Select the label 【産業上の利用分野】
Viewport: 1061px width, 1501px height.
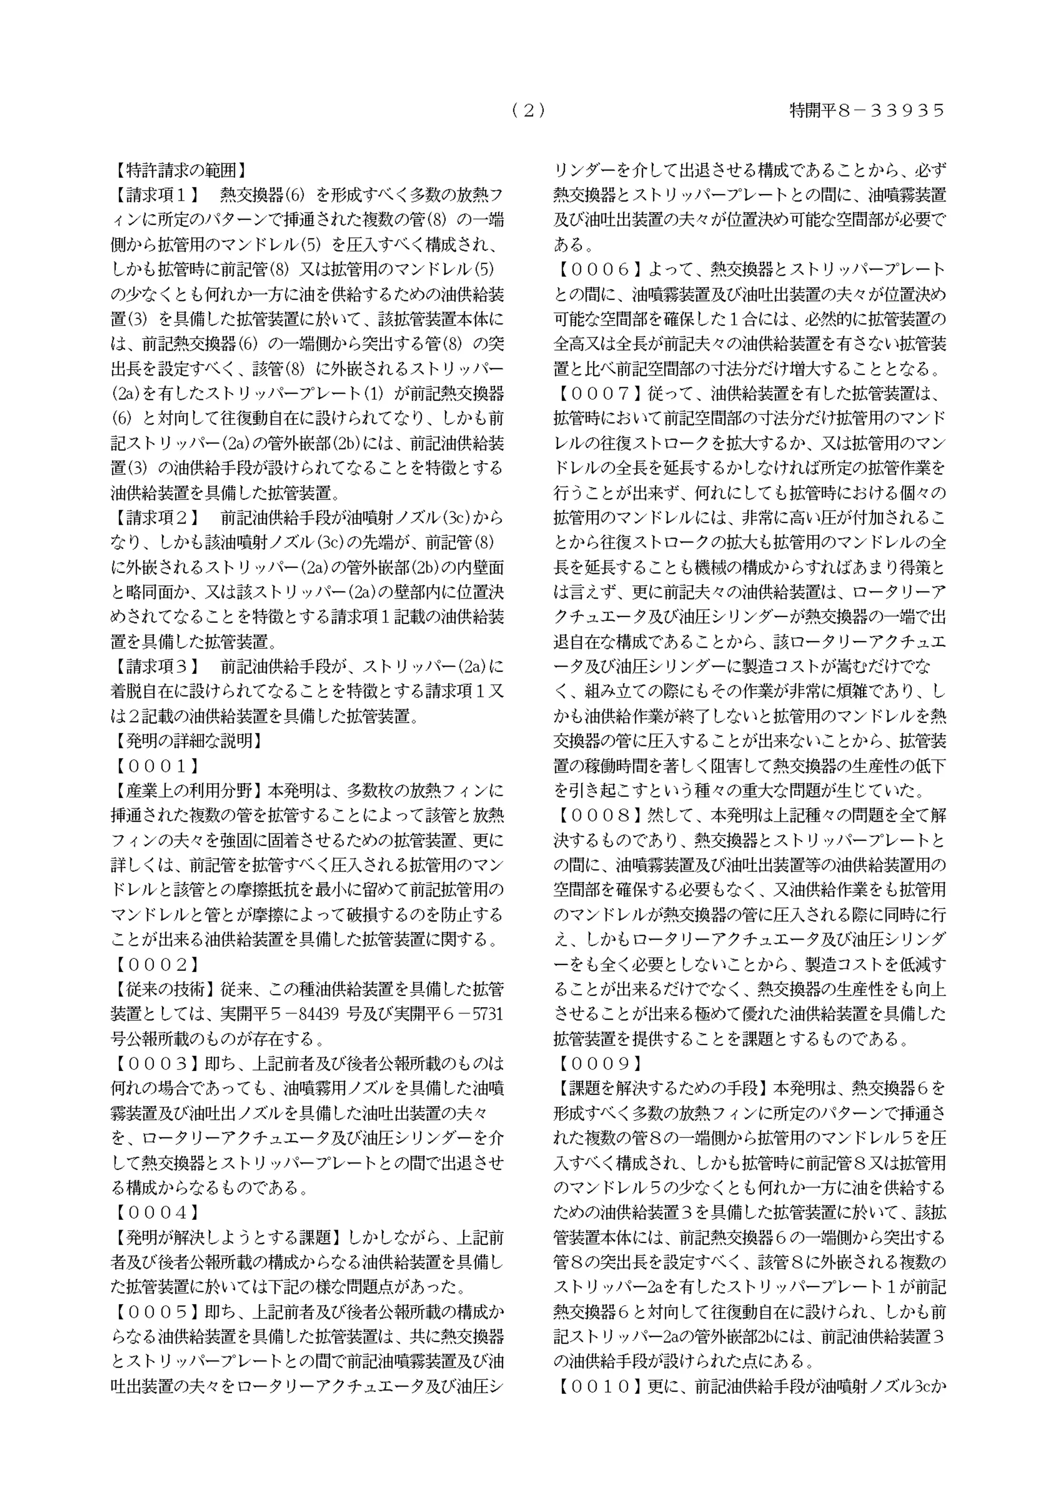tap(188, 791)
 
